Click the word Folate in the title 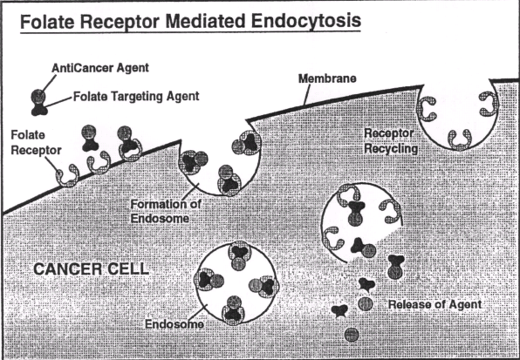point(47,21)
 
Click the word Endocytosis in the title point(306,21)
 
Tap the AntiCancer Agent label point(100,68)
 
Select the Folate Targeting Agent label point(136,97)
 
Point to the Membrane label point(327,78)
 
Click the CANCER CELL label point(92,269)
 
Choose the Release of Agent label point(434,304)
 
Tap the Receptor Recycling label point(391,140)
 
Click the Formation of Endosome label point(166,211)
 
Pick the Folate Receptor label point(36,143)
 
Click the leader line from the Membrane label point(306,95)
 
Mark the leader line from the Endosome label point(199,312)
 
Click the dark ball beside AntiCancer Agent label point(38,97)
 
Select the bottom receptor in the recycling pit point(460,139)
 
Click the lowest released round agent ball point(352,335)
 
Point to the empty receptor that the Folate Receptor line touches point(68,176)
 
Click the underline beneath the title point(190,31)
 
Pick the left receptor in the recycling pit point(427,109)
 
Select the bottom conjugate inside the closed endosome point(234,309)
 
